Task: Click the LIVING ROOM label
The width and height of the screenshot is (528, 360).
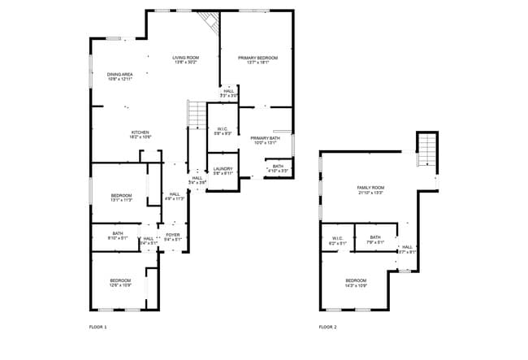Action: [x=185, y=58]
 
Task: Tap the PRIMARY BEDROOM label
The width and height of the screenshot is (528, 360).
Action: [x=258, y=58]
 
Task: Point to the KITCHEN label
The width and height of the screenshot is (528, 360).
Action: [x=141, y=132]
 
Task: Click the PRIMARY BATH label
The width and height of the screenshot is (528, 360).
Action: [x=265, y=138]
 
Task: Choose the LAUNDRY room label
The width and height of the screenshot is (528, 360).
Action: [x=223, y=168]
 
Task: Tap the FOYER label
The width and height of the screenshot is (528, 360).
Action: [x=173, y=235]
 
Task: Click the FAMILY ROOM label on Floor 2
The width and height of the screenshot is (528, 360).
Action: [x=370, y=188]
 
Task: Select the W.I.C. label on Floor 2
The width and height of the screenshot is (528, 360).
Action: [x=337, y=238]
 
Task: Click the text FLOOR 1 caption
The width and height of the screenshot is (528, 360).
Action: [x=97, y=327]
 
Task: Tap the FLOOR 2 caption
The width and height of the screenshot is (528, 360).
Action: [x=327, y=327]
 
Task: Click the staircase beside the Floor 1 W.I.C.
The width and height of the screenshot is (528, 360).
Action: [x=197, y=115]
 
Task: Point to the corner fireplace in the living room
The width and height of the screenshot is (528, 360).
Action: [x=212, y=23]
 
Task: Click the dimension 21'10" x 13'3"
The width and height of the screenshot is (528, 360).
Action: [x=370, y=193]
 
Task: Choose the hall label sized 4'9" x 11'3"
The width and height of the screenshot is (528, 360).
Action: [x=175, y=196]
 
